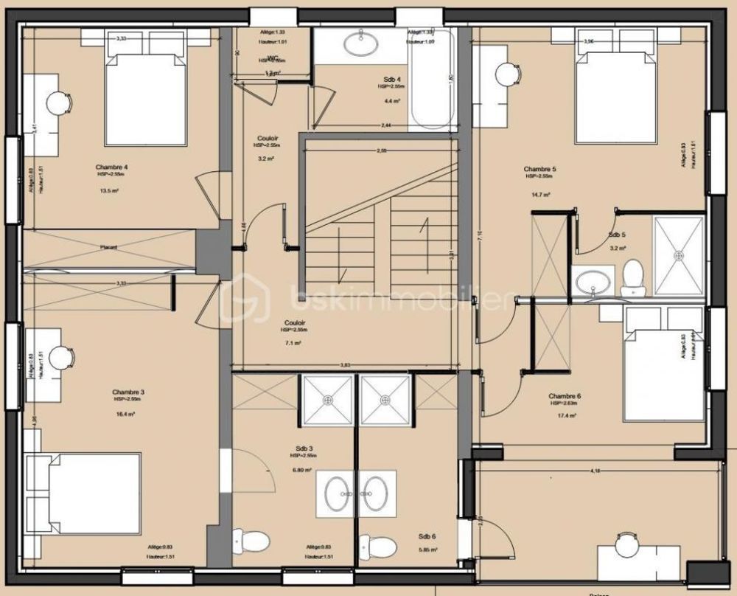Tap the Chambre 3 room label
tap(128, 392)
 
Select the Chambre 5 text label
tap(539, 169)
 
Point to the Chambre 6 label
tap(565, 395)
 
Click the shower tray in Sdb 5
tap(679, 255)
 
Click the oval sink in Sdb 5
tap(593, 282)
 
